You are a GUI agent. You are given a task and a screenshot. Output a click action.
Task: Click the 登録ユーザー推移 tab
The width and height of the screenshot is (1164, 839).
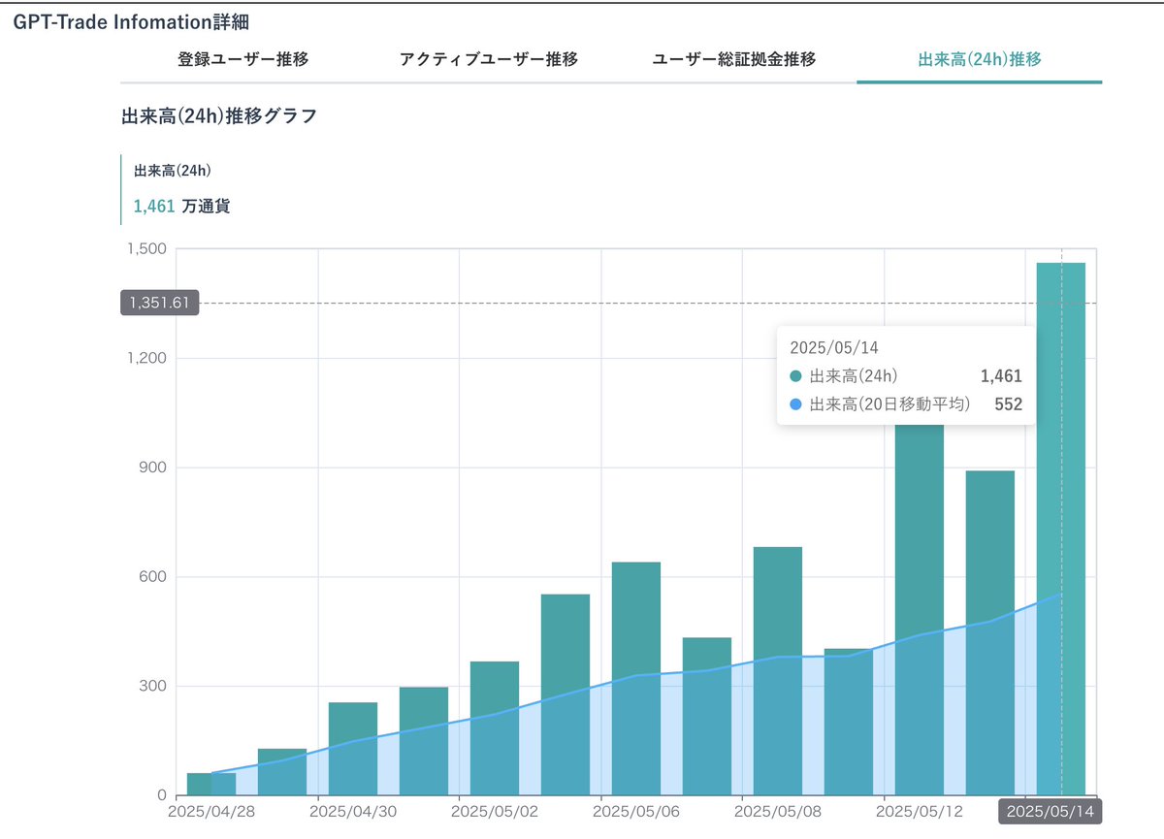coord(242,59)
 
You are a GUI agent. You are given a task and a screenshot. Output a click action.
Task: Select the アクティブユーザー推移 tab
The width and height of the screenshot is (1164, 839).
coord(488,59)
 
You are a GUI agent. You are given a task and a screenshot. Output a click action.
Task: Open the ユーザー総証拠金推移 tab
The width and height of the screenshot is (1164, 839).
coord(733,59)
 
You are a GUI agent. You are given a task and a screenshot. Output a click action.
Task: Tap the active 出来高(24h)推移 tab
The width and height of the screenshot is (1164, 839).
coord(979,59)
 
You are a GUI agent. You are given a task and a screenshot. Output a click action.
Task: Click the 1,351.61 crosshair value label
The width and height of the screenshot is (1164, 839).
coord(160,303)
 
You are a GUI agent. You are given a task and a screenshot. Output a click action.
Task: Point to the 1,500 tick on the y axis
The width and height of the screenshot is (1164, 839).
coord(145,249)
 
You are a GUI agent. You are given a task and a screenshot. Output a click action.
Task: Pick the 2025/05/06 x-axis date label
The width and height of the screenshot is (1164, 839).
coord(634,811)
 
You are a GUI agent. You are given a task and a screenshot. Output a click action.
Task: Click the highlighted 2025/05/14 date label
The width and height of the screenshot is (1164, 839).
coord(1050,812)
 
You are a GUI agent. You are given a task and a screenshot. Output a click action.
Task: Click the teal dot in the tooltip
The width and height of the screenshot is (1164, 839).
coord(796,376)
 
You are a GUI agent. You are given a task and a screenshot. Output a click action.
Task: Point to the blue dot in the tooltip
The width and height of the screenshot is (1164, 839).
coord(796,404)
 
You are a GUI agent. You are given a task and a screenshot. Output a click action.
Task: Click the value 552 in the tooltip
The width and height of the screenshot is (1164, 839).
coord(1008,404)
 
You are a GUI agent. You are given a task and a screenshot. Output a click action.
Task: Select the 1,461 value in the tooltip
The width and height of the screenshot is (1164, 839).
coord(1001,376)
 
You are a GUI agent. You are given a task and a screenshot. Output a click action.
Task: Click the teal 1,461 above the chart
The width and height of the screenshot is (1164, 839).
coord(154,206)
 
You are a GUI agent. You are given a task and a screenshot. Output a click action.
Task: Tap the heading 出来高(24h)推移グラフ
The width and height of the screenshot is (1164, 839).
coord(218,116)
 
